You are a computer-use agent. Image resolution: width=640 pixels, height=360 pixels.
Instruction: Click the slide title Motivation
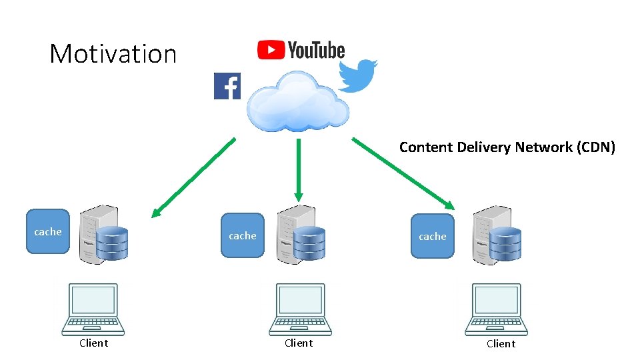tap(113, 53)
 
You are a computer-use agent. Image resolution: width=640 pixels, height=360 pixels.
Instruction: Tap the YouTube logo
tap(301, 50)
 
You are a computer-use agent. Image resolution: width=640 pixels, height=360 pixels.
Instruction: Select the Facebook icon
tap(227, 86)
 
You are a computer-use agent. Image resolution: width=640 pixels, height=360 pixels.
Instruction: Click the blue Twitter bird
tap(357, 75)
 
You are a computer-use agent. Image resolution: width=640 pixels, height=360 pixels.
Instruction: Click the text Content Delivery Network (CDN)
tap(507, 147)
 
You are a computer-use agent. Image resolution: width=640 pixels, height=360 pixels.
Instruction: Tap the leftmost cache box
tap(48, 231)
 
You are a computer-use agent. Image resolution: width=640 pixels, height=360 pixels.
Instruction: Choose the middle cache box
tap(242, 235)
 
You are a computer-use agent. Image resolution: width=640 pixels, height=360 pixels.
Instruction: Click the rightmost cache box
tap(432, 236)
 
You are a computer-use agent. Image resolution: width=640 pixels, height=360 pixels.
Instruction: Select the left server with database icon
tap(103, 235)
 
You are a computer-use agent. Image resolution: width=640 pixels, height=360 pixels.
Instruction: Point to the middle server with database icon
tap(301, 234)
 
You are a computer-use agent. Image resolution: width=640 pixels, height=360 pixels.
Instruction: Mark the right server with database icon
tap(497, 235)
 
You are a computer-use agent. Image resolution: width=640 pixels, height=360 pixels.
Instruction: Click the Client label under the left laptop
tap(93, 343)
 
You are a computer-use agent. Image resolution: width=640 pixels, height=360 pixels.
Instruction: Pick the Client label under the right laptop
tap(501, 343)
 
